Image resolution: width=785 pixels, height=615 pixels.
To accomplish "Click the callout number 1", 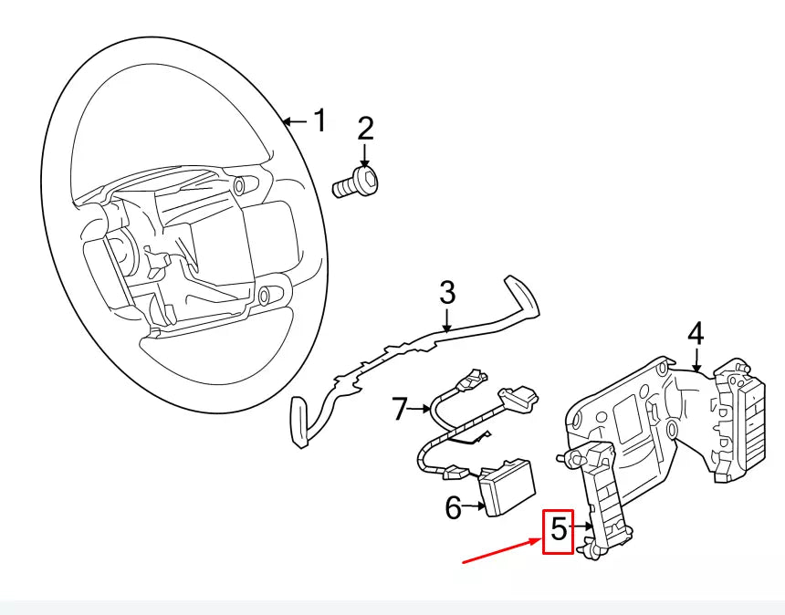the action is pos(319,120).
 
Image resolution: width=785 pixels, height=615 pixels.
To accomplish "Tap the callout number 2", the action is pos(365,129).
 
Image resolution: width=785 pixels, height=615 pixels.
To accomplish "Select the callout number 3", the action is pos(447,293).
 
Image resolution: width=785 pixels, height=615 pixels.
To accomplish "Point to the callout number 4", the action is pos(696,334).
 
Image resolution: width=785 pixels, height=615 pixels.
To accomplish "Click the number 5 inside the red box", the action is pos(559,528).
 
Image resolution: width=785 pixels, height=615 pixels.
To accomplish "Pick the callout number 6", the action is pos(453,507).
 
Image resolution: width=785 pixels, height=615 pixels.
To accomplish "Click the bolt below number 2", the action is pos(356,182).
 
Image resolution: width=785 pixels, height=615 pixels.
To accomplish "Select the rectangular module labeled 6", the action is pos(508,487).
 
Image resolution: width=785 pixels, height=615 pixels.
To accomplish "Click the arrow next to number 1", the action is pos(296,121).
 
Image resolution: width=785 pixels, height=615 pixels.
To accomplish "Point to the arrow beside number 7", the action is pos(419,410).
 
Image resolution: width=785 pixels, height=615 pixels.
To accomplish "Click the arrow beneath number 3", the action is pos(447,319).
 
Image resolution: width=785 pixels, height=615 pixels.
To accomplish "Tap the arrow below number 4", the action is pos(696,360).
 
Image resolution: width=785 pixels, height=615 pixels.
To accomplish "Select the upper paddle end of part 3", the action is pos(524,297).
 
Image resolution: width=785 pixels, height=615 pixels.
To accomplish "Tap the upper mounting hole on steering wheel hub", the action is pos(239,185).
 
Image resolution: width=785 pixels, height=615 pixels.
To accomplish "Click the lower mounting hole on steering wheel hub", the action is pos(264,297).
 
